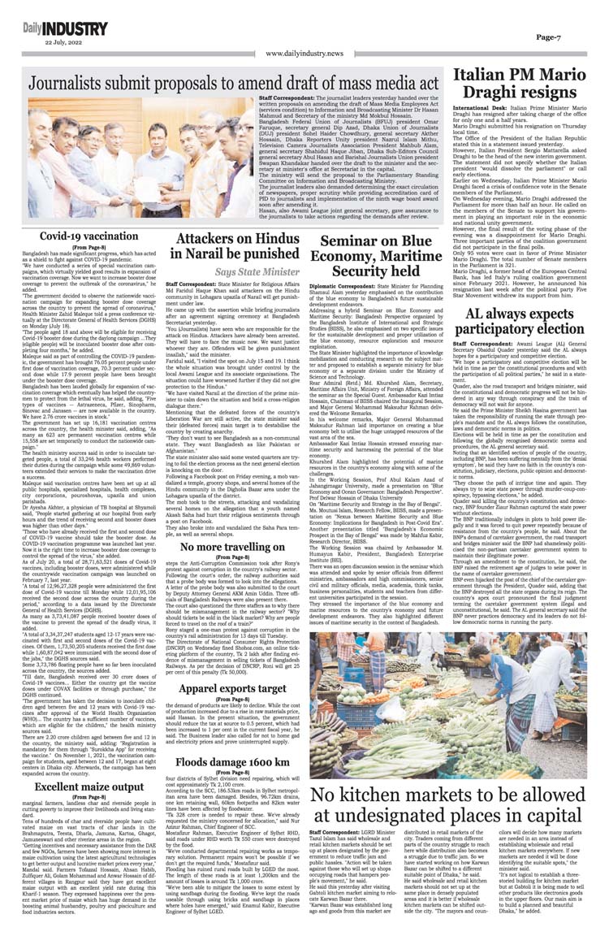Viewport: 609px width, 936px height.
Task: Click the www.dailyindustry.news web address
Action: tap(304, 54)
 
